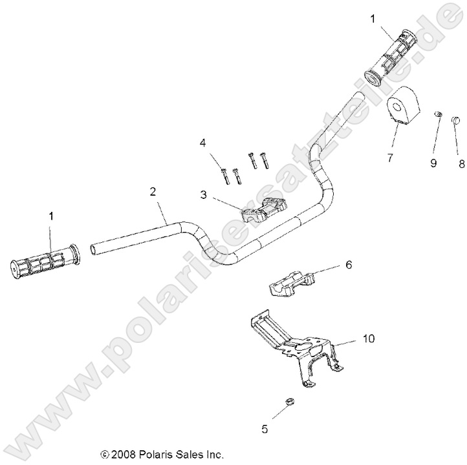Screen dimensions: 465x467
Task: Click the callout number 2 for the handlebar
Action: (153, 192)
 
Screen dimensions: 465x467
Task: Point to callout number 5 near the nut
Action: (264, 428)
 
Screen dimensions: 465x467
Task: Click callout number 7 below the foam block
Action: (389, 157)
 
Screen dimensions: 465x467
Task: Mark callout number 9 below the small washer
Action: (434, 164)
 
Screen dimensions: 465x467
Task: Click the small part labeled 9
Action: (437, 115)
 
